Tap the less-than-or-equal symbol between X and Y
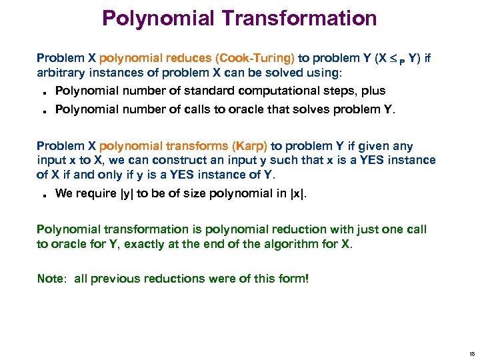[x=393, y=59]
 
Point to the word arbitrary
[x=61, y=72]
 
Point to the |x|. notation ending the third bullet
[x=299, y=193]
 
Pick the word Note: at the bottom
[x=53, y=279]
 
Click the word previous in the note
[x=113, y=279]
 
